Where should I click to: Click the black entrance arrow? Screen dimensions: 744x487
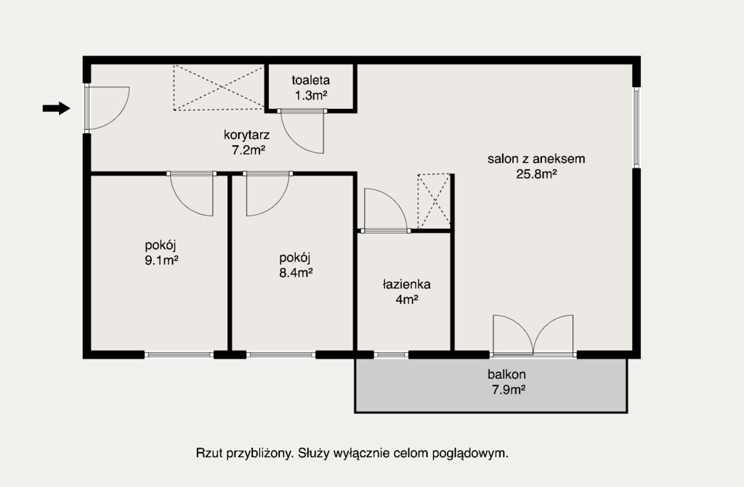(57, 108)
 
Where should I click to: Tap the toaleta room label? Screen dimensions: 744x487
(311, 80)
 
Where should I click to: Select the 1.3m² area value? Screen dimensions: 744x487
(311, 95)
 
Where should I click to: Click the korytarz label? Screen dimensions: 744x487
(247, 135)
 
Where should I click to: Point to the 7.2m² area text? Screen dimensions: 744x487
(248, 150)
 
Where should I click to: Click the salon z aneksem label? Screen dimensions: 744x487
(536, 158)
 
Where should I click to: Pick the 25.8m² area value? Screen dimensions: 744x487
(536, 174)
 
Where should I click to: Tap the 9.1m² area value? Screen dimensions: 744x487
(161, 261)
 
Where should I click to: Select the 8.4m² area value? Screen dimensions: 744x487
(296, 273)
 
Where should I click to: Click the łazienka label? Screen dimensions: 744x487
(407, 285)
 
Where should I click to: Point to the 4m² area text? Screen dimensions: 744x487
(407, 300)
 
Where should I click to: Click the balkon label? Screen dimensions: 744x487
(506, 375)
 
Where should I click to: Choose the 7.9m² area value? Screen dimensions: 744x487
(508, 390)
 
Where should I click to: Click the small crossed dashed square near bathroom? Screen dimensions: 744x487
(434, 201)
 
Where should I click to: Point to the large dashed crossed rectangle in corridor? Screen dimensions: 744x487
(219, 88)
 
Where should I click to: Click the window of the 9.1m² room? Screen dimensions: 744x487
(179, 354)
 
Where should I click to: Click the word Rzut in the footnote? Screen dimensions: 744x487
(209, 454)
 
